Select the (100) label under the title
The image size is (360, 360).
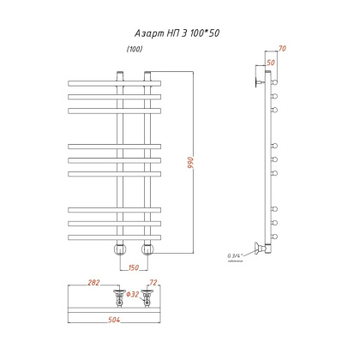coord(135,49)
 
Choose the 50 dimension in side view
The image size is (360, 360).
coord(270,63)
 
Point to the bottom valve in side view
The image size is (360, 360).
coord(258,250)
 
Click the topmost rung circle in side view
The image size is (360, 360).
coord(276,83)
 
